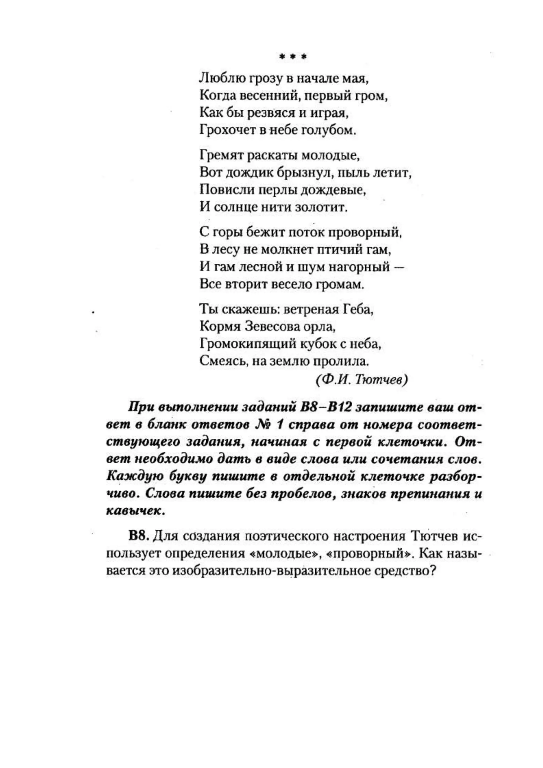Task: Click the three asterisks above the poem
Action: pyautogui.click(x=293, y=57)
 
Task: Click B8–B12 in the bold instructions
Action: pyautogui.click(x=326, y=407)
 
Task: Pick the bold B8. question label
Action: pyautogui.click(x=138, y=536)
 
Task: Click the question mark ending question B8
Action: pyautogui.click(x=434, y=571)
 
